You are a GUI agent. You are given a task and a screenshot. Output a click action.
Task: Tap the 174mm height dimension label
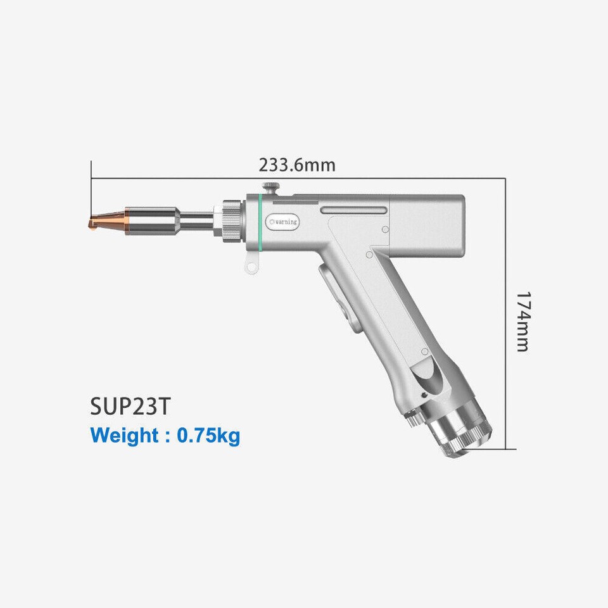pos(522,321)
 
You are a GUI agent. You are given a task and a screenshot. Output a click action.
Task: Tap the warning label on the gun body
pos(283,222)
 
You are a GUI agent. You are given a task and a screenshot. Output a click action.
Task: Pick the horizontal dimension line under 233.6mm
pos(298,179)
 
